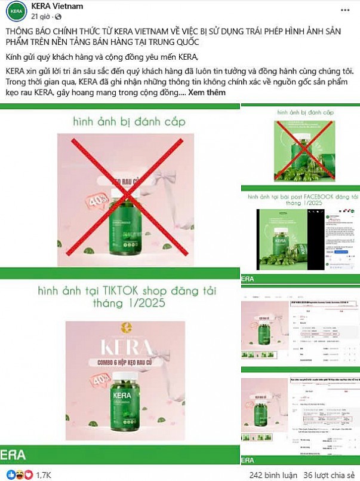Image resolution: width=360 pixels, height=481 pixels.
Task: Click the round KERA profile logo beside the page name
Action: (x=11, y=11)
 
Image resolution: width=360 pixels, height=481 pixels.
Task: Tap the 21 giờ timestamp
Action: (x=37, y=16)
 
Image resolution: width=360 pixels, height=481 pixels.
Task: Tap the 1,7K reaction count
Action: (x=44, y=474)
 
